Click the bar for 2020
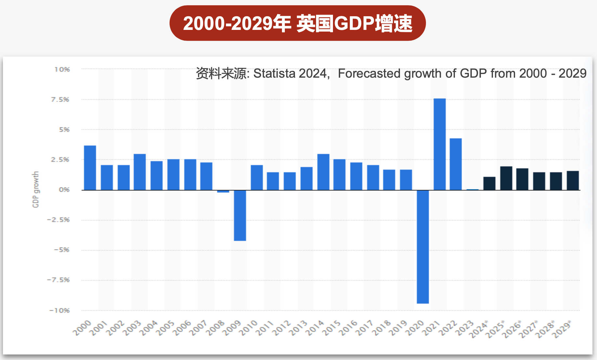(x=423, y=247)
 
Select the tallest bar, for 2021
(x=440, y=144)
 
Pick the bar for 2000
(x=90, y=168)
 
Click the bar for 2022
(x=456, y=164)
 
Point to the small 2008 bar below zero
(x=223, y=191)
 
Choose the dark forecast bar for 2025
(x=506, y=178)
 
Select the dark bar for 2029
(x=573, y=180)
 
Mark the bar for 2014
(x=323, y=172)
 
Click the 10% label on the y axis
(x=62, y=70)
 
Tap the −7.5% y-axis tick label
(x=59, y=280)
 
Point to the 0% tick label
(x=64, y=190)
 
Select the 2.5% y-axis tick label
(x=60, y=160)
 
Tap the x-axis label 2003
(x=132, y=328)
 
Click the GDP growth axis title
(x=35, y=189)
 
